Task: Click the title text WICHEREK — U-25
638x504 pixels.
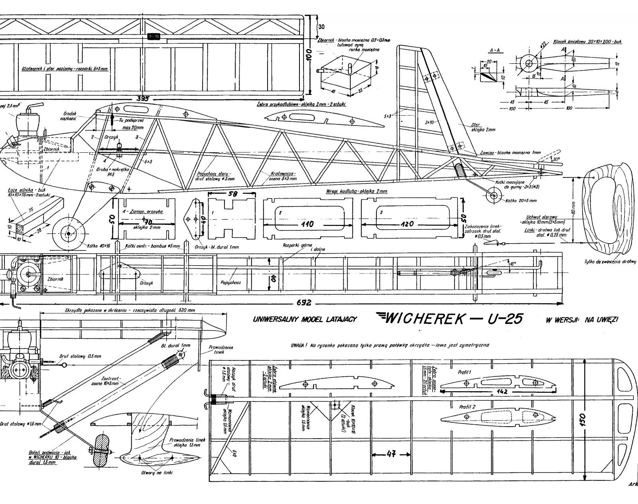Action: [x=448, y=318]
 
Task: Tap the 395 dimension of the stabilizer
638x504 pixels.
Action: [x=143, y=98]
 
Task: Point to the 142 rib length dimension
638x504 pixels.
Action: [x=502, y=391]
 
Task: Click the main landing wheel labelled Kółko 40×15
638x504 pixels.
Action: [x=68, y=233]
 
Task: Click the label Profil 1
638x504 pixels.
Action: [x=465, y=372]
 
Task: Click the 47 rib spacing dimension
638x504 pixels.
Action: [x=391, y=454]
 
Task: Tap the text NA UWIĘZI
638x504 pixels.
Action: [x=601, y=319]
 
